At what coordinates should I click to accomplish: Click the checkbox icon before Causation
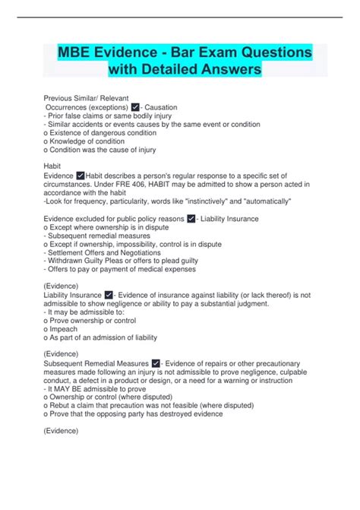(135, 108)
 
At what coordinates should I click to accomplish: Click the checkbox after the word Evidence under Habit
(81, 176)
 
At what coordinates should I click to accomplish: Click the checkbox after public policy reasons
(191, 219)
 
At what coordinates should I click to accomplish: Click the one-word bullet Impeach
(67, 328)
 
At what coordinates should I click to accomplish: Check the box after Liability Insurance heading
(109, 295)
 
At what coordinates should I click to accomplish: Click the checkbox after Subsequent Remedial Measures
(156, 363)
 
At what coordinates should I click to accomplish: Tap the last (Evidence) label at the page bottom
(62, 431)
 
